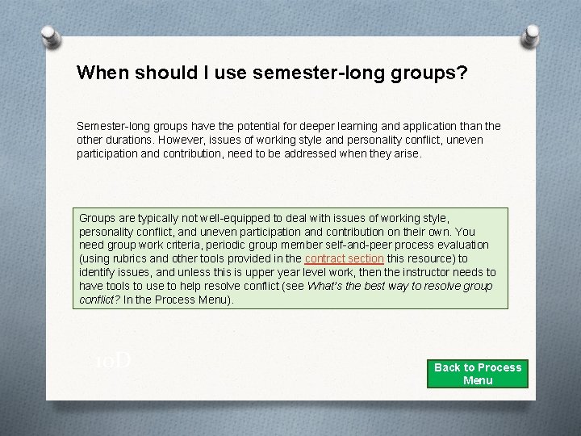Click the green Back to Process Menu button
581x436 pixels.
(x=478, y=374)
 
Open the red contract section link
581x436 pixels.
(x=344, y=258)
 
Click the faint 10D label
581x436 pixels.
(x=112, y=361)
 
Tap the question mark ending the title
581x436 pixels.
(x=462, y=73)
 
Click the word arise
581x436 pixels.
(x=404, y=153)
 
